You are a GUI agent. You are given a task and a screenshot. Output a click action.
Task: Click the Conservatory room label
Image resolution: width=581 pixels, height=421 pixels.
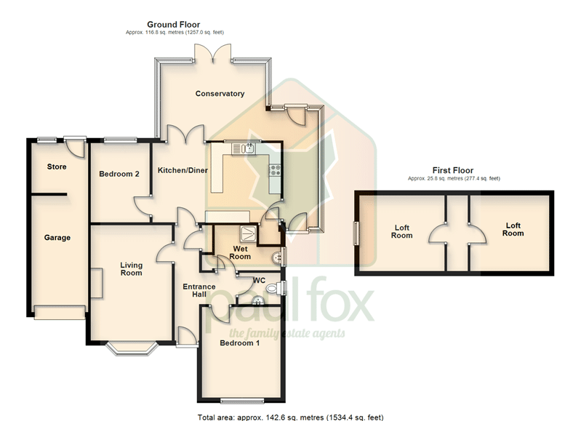pos(220,94)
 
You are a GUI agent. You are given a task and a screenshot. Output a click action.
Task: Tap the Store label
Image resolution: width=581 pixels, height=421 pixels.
pos(57,167)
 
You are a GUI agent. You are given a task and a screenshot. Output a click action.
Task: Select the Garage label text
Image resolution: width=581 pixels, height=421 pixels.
pos(57,238)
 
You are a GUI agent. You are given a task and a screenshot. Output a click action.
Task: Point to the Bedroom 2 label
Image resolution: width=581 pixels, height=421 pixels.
pos(119,174)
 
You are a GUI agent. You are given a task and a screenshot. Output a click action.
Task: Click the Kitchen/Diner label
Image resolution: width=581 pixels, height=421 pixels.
pos(183,170)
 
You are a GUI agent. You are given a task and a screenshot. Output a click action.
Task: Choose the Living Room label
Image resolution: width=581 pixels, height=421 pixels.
pos(131,269)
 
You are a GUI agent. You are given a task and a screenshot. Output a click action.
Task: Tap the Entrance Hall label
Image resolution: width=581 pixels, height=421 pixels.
pos(199,291)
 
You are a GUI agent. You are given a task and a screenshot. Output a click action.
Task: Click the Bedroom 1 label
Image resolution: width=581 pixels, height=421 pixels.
pos(240,342)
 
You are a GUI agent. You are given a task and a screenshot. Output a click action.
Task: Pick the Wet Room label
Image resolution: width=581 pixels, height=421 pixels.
pos(240,252)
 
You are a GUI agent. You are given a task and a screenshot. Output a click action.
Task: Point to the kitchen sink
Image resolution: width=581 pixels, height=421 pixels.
pos(244,148)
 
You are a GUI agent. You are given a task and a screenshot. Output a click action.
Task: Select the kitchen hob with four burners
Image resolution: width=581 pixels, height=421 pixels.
pos(275,170)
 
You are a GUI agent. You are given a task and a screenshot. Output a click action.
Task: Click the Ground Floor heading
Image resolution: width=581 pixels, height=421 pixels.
pos(173,25)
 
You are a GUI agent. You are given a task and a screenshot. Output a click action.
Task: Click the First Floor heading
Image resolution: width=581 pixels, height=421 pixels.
pos(453,170)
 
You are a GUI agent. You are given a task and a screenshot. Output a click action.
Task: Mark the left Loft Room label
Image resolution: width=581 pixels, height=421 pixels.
pos(401,232)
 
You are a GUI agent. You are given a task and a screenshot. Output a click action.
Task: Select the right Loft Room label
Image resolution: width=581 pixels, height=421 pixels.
pos(513,229)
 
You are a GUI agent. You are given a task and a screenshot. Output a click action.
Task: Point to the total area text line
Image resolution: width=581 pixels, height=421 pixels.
pos(291,417)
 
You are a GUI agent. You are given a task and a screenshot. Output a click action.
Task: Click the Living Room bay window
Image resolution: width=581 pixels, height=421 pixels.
pos(132,349)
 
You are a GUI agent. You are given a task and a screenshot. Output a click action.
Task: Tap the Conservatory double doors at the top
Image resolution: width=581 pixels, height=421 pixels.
pos(214,52)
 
